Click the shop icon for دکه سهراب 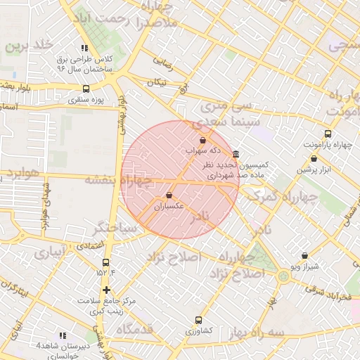click(x=203, y=141)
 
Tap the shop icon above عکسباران click(x=169, y=195)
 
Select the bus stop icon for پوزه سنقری click(x=86, y=89)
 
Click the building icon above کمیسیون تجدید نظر click(x=235, y=154)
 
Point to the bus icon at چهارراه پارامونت click(x=328, y=134)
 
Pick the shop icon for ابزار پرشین click(x=314, y=159)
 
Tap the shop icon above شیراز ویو click(x=304, y=256)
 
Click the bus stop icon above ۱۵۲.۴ click(x=106, y=262)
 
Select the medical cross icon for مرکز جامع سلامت click(x=106, y=290)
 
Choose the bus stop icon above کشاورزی click(x=198, y=320)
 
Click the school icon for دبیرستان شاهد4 click(x=62, y=336)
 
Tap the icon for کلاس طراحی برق click(x=84, y=49)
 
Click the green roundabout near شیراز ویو click(x=283, y=276)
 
